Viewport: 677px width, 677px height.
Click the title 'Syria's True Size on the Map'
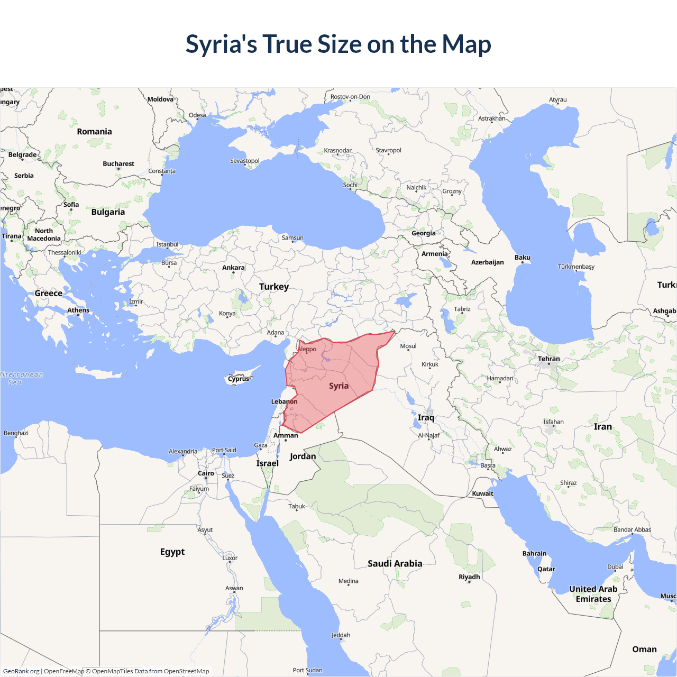click(x=338, y=44)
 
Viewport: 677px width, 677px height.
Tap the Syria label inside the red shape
click(x=338, y=386)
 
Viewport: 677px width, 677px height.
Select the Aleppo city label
click(x=307, y=349)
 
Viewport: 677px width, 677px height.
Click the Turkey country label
click(x=274, y=287)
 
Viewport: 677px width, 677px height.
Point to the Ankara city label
click(x=233, y=268)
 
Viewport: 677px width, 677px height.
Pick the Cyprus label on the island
click(x=239, y=379)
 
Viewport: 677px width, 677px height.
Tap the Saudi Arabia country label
click(x=395, y=564)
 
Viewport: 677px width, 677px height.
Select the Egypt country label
click(x=172, y=552)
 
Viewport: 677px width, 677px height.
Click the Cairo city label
click(x=206, y=473)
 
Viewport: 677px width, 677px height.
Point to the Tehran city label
click(x=549, y=359)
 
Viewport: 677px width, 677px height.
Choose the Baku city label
click(x=523, y=258)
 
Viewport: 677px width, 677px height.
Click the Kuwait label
click(x=482, y=493)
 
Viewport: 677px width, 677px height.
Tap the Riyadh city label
click(x=469, y=577)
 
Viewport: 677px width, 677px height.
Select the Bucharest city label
click(x=118, y=164)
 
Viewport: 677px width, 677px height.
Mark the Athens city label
click(x=78, y=310)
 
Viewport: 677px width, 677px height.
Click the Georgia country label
click(x=424, y=233)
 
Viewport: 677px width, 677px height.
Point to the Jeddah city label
click(x=341, y=635)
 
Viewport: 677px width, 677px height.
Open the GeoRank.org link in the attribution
click(x=21, y=671)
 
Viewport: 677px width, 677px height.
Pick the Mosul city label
click(x=408, y=346)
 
